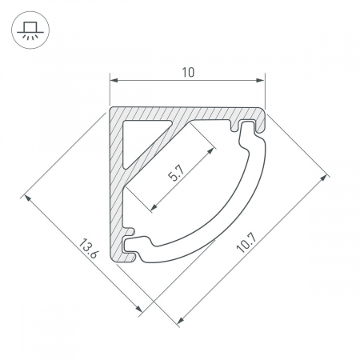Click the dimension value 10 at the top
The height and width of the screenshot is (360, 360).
(188, 73)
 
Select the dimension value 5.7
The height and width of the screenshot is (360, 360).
(176, 173)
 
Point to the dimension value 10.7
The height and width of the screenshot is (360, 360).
(246, 243)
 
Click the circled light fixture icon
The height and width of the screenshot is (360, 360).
(30, 30)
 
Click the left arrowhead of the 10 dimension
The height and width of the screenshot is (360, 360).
(114, 80)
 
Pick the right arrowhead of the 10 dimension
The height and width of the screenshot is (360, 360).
(260, 80)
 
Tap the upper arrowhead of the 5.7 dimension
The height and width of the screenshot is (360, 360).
(210, 150)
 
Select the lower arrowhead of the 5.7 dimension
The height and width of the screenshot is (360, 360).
(154, 207)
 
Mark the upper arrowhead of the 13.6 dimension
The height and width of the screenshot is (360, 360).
(28, 198)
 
